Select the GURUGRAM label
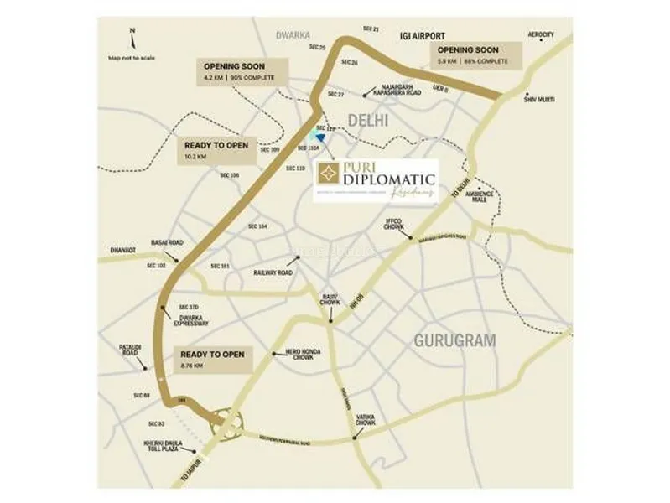[x=454, y=340]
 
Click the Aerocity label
[x=541, y=34]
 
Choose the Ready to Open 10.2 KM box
[x=216, y=149]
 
